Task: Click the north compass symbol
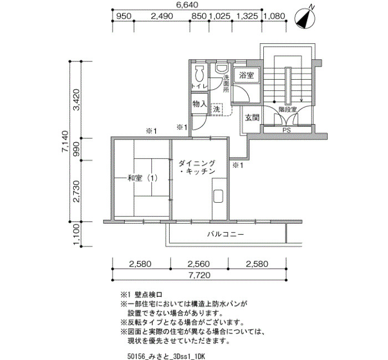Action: coord(305,18)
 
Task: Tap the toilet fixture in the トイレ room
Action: coord(199,74)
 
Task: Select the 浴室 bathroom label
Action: coord(247,75)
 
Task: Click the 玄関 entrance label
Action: coord(252,117)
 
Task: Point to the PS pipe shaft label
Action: coord(287,130)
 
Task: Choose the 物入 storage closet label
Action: coord(200,104)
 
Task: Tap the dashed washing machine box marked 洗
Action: coord(217,109)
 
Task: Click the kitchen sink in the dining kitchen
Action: coord(218,197)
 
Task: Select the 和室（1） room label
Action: coord(142,178)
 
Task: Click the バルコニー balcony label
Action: coord(226,234)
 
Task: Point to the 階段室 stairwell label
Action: coord(288,109)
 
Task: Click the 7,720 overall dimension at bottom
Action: coord(200,275)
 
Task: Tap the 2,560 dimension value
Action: coord(198,264)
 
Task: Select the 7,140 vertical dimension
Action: coord(65,141)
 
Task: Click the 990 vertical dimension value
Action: coord(76,149)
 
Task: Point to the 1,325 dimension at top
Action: coord(247,16)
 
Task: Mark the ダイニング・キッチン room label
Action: coord(197,167)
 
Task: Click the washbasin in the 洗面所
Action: coord(222,69)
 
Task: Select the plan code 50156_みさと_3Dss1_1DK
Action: coord(166,356)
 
